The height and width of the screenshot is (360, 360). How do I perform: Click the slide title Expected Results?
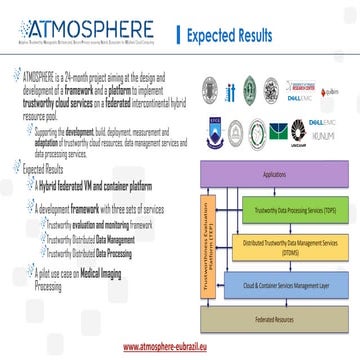pyautogui.click(x=229, y=36)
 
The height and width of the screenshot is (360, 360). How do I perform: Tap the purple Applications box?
pyautogui.click(x=273, y=174)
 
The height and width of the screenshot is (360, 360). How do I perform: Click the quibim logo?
pyautogui.click(x=332, y=91)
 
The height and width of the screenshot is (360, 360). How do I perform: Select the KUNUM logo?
pyautogui.click(x=323, y=135)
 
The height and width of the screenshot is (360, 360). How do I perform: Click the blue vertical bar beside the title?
pyautogui.click(x=178, y=36)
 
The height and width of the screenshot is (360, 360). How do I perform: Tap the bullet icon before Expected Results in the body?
pyautogui.click(x=17, y=170)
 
